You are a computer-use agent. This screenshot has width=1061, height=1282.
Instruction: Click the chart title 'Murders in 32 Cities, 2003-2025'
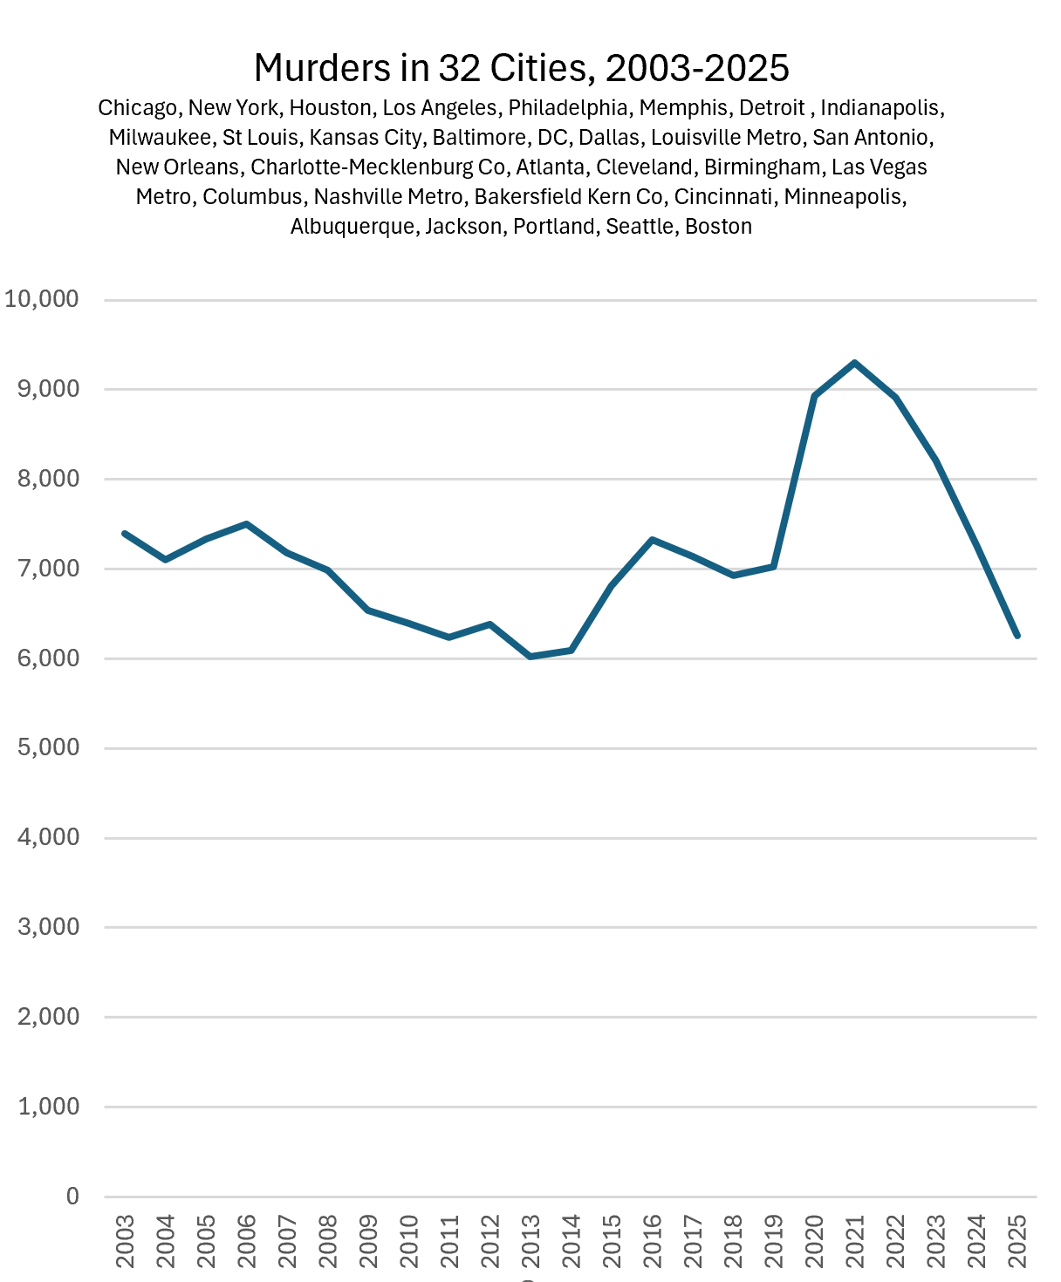pyautogui.click(x=521, y=67)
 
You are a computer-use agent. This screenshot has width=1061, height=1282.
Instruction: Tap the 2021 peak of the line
pyautogui.click(x=855, y=363)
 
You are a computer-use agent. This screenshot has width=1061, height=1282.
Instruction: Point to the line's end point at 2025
pyautogui.click(x=1017, y=636)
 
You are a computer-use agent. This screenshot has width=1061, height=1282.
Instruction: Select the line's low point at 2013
pyautogui.click(x=530, y=656)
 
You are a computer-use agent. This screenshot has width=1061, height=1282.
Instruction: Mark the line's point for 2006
pyautogui.click(x=247, y=524)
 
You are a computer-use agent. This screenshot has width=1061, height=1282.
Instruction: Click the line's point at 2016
pyautogui.click(x=653, y=540)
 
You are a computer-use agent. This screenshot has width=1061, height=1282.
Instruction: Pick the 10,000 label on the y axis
pyautogui.click(x=42, y=299)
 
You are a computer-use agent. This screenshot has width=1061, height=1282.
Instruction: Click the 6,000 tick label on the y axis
pyautogui.click(x=49, y=658)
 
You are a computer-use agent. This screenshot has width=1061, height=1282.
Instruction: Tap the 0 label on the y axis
pyautogui.click(x=72, y=1197)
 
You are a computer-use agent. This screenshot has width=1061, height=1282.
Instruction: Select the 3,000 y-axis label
pyautogui.click(x=49, y=927)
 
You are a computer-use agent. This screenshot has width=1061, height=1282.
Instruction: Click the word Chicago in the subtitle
pyautogui.click(x=137, y=108)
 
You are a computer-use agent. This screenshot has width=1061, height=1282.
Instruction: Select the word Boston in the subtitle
pyautogui.click(x=718, y=227)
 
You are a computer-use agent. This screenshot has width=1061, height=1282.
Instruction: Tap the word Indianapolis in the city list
pyautogui.click(x=880, y=108)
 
